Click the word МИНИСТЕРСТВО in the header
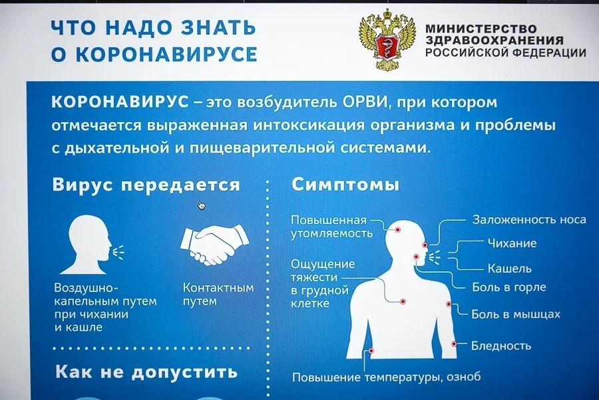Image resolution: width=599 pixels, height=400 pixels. click(481, 29)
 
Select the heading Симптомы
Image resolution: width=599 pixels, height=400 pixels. click(345, 185)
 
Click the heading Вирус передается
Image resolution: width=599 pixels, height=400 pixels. click(146, 185)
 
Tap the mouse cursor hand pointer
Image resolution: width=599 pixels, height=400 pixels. click(202, 205)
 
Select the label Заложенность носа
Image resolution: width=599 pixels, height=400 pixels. click(529, 219)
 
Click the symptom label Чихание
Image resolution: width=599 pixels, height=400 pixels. click(512, 243)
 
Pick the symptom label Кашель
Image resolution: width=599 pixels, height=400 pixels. click(510, 268)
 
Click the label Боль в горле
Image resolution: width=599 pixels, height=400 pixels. click(509, 287)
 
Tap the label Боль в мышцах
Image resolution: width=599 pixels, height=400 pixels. click(516, 314)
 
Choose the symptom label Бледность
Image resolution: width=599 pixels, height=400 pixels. click(501, 345)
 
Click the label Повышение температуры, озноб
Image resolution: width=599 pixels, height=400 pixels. click(386, 377)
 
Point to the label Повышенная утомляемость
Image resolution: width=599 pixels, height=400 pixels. click(329, 226)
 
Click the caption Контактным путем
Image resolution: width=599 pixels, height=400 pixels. click(218, 295)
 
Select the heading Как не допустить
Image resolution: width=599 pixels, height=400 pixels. click(146, 371)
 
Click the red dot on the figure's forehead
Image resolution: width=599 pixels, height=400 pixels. click(398, 229)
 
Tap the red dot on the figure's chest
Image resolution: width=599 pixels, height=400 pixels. click(403, 301)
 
